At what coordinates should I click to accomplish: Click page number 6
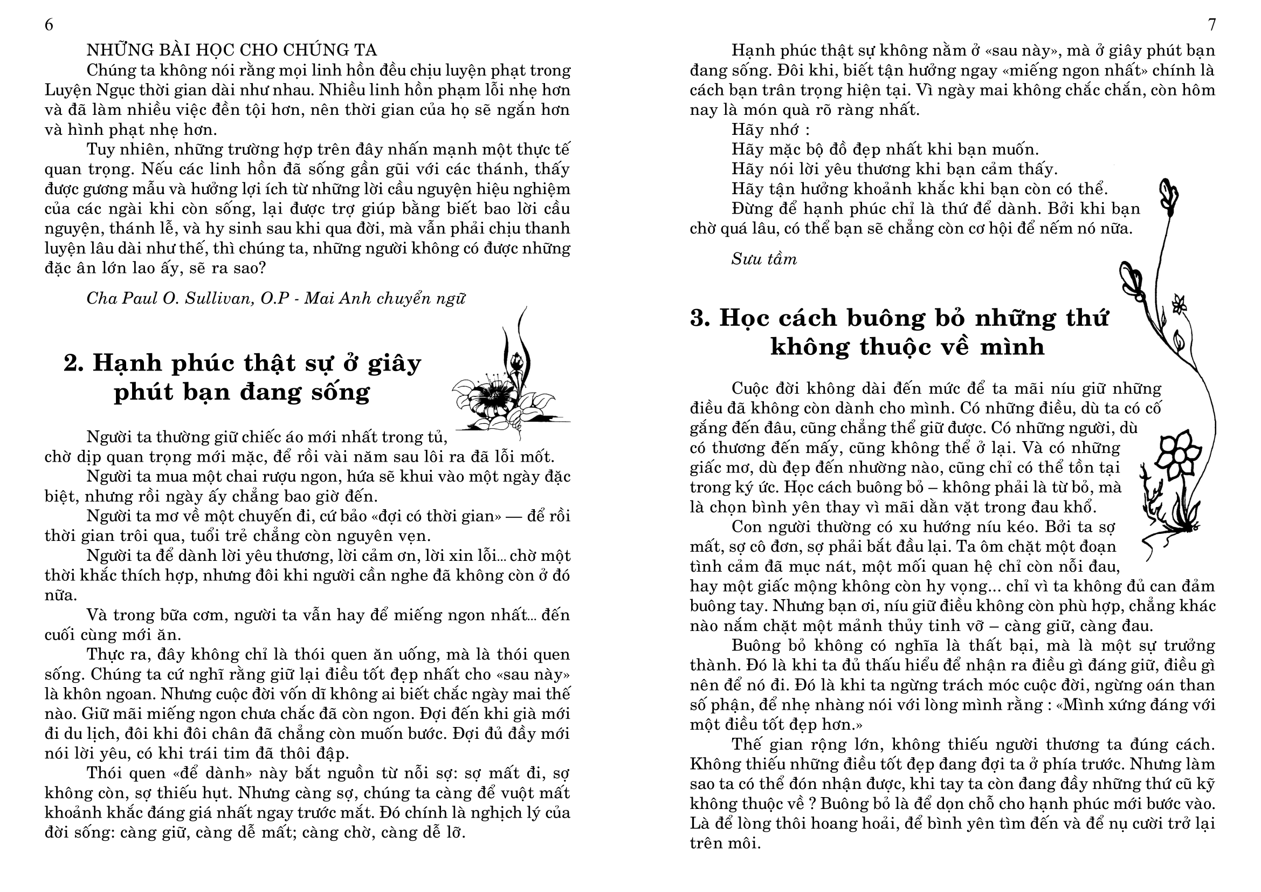click(x=49, y=25)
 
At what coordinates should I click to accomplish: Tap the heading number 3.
click(x=700, y=318)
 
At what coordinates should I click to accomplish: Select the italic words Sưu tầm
click(x=763, y=259)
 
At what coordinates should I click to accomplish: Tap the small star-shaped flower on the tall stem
click(x=1177, y=304)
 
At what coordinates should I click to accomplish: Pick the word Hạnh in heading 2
click(x=123, y=363)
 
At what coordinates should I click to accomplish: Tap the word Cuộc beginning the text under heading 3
click(x=754, y=388)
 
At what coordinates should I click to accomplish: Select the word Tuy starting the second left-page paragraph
click(x=100, y=149)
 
